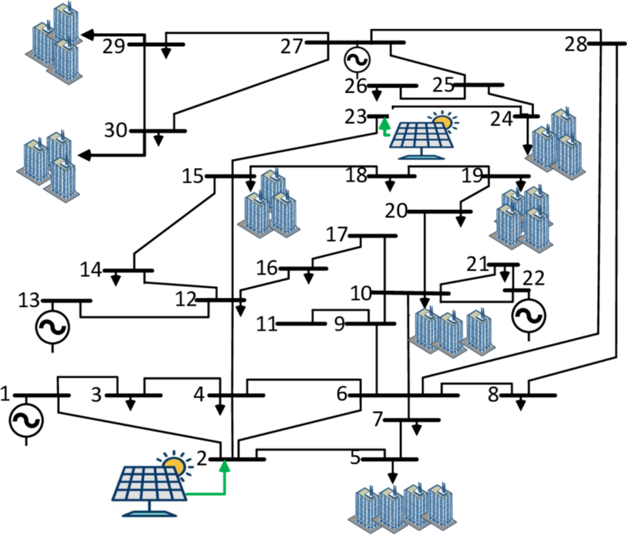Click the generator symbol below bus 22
528,316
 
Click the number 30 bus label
116,131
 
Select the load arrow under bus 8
521,405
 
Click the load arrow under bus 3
130,405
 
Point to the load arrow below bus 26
377,96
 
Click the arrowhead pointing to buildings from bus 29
89,35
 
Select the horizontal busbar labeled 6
403,395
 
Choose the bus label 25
443,85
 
